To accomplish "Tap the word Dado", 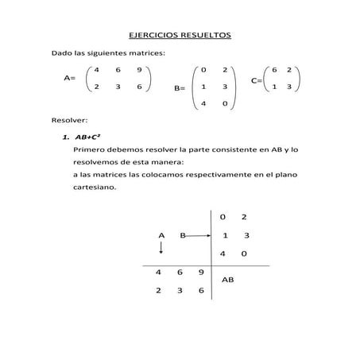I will (x=63, y=52).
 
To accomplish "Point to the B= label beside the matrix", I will (x=179, y=90).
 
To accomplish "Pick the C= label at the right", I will (x=257, y=80).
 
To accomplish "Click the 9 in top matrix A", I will (x=138, y=71).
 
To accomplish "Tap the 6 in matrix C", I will (x=274, y=70).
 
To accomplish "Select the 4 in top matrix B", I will (x=204, y=103).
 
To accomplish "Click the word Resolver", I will (x=68, y=121).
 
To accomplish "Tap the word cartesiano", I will (x=94, y=188).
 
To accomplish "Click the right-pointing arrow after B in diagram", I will (x=199, y=236).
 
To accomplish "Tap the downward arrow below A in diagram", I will (x=161, y=249).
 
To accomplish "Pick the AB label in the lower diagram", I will (x=227, y=281).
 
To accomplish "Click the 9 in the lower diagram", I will (x=201, y=273).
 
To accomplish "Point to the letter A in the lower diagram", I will (x=161, y=236).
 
